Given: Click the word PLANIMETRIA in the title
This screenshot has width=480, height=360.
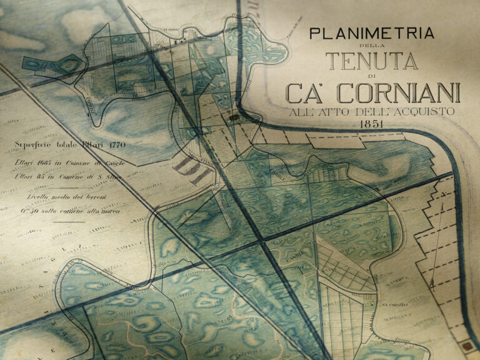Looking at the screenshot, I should [x=364, y=33].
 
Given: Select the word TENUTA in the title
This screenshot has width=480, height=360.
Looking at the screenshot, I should [x=371, y=61].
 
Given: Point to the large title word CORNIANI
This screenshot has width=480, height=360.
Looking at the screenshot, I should [x=399, y=93].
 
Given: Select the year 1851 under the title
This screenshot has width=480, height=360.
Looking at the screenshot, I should [x=371, y=124].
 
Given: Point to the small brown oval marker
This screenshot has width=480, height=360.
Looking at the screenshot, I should [x=234, y=116].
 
